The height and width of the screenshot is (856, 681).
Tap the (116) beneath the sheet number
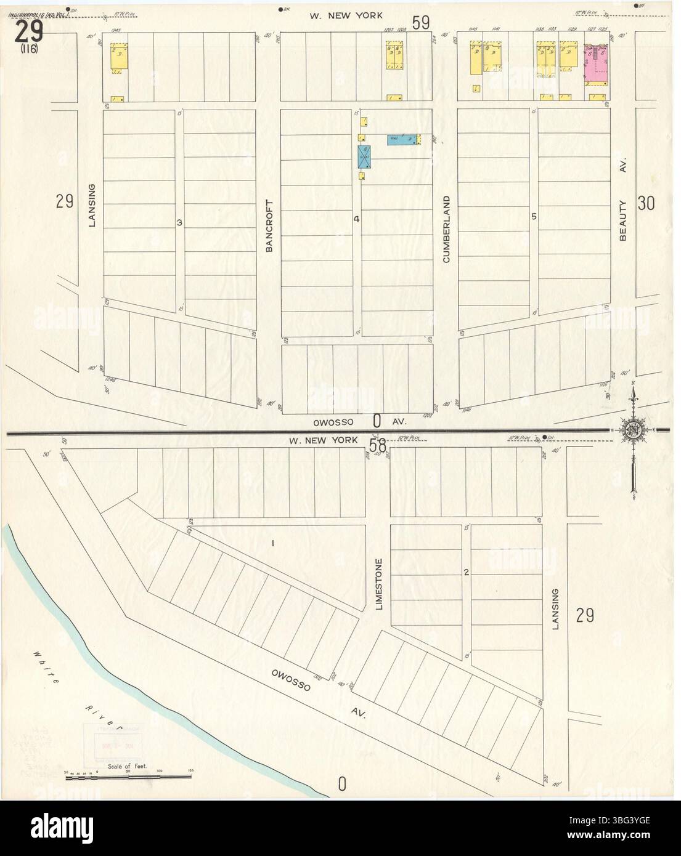coord(28,50)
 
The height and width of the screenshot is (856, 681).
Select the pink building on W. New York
coord(595,64)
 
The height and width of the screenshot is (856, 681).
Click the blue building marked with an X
coord(364,157)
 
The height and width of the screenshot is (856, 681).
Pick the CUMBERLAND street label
coord(446,229)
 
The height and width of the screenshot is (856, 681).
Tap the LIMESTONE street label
coord(379,584)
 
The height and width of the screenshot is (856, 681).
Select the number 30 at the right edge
coord(646,203)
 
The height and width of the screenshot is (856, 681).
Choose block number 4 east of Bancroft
coord(356,219)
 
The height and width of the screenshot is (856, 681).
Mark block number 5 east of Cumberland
coord(534,216)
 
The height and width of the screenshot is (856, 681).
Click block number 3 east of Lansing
coord(179,222)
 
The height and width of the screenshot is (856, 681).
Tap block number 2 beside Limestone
coord(467,573)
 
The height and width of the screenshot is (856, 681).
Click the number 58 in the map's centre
coord(377,445)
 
